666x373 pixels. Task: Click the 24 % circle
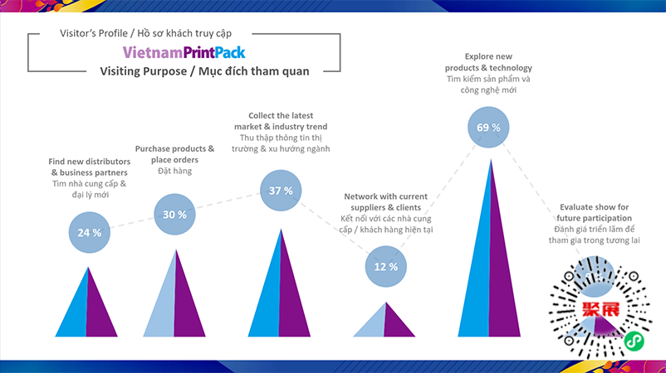(89, 232)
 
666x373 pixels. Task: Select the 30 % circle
(174, 214)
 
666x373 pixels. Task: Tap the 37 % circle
(282, 191)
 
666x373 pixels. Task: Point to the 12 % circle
(386, 266)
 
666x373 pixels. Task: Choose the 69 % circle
(488, 128)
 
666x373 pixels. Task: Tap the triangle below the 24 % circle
(86, 307)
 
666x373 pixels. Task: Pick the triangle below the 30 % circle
(174, 298)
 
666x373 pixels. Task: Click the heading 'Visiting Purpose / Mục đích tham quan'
(204, 71)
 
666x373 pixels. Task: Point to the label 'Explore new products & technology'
(487, 62)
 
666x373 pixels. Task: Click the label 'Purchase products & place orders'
(174, 154)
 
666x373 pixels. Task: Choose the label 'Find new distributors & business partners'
(88, 166)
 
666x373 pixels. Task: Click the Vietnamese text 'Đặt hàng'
(174, 172)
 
